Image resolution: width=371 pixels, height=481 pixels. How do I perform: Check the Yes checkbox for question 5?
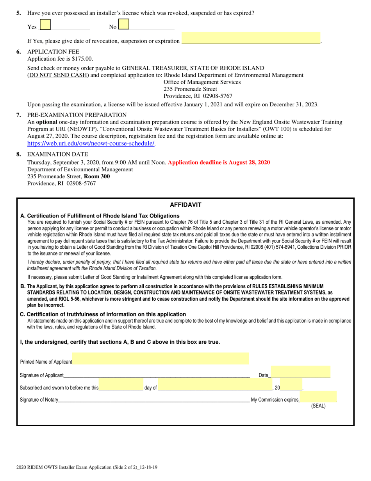(x=45, y=25)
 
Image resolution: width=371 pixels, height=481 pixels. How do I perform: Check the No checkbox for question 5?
(x=123, y=25)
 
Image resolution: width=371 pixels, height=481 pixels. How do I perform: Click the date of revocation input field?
(x=251, y=38)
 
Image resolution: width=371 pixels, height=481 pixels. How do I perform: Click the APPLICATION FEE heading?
(x=53, y=52)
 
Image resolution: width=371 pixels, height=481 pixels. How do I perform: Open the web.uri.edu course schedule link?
(x=91, y=144)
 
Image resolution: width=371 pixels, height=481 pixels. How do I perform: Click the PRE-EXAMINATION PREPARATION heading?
(x=77, y=115)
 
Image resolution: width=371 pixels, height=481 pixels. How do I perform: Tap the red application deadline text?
(x=219, y=162)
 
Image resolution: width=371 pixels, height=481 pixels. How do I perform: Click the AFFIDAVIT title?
(x=185, y=205)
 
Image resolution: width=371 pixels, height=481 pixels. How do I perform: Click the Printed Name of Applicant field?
(x=161, y=359)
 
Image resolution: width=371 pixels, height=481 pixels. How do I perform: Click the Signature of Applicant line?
(x=156, y=375)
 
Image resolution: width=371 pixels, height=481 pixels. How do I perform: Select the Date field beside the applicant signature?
(x=300, y=372)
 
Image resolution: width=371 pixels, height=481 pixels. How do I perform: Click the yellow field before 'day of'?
(x=121, y=385)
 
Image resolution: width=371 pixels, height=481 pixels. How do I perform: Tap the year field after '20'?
(x=291, y=385)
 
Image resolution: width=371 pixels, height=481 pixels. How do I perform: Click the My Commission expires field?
(x=318, y=397)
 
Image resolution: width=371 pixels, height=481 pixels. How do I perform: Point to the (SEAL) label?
(x=318, y=406)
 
